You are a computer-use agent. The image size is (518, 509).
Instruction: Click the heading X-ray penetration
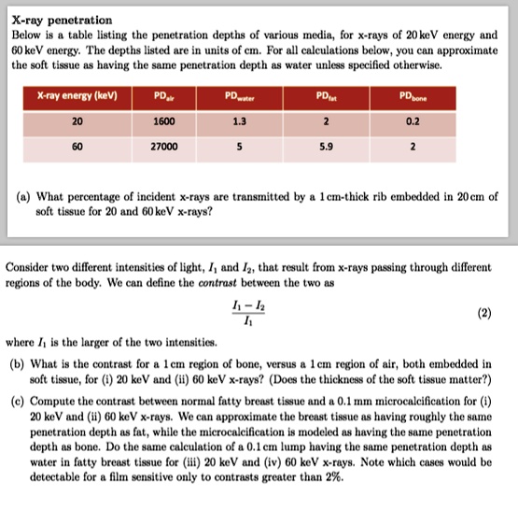pyautogui.click(x=62, y=20)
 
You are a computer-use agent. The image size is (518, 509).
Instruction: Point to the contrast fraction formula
pyautogui.click(x=245, y=315)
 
